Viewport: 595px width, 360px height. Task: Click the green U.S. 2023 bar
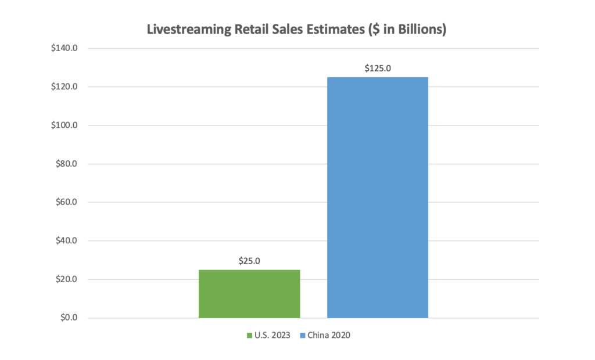249,294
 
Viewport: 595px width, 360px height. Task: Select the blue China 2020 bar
378,197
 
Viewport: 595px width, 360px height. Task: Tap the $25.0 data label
249,261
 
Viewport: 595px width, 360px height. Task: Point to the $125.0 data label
378,68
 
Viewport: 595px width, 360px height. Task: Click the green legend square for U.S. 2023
250,336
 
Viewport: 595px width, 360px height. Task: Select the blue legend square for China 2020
303,336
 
